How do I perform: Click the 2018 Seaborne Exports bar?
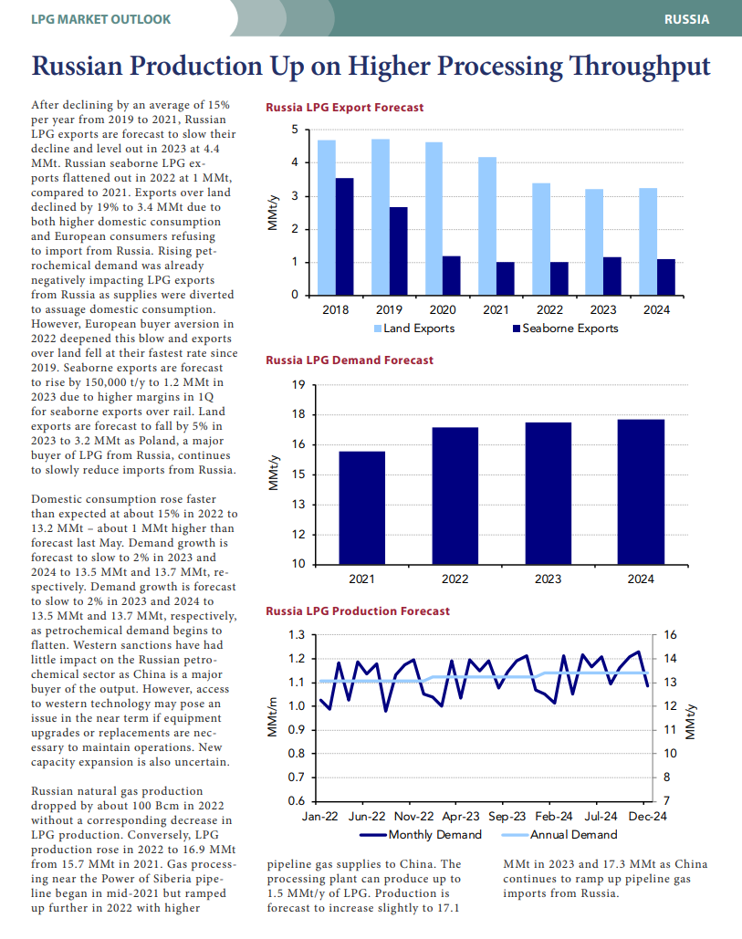click(x=344, y=236)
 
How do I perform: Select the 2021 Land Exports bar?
click(x=487, y=226)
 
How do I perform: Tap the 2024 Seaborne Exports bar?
click(x=666, y=277)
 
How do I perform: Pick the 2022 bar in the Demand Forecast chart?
click(x=455, y=496)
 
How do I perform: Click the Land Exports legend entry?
click(x=414, y=329)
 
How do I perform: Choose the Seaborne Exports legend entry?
click(x=565, y=329)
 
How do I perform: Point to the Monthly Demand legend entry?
click(x=421, y=835)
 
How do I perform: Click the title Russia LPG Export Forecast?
click(x=345, y=108)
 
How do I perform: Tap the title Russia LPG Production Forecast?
click(x=358, y=611)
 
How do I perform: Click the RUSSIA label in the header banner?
click(x=687, y=19)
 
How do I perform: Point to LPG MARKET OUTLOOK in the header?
click(x=100, y=19)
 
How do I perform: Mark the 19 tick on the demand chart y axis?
click(x=298, y=385)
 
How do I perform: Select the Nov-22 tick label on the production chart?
click(x=413, y=816)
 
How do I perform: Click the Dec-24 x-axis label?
click(x=647, y=816)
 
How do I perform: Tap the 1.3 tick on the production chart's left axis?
click(x=297, y=635)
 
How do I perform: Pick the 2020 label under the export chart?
click(x=443, y=309)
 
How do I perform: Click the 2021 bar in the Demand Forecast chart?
click(x=361, y=507)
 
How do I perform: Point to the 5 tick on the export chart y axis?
click(x=295, y=130)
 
